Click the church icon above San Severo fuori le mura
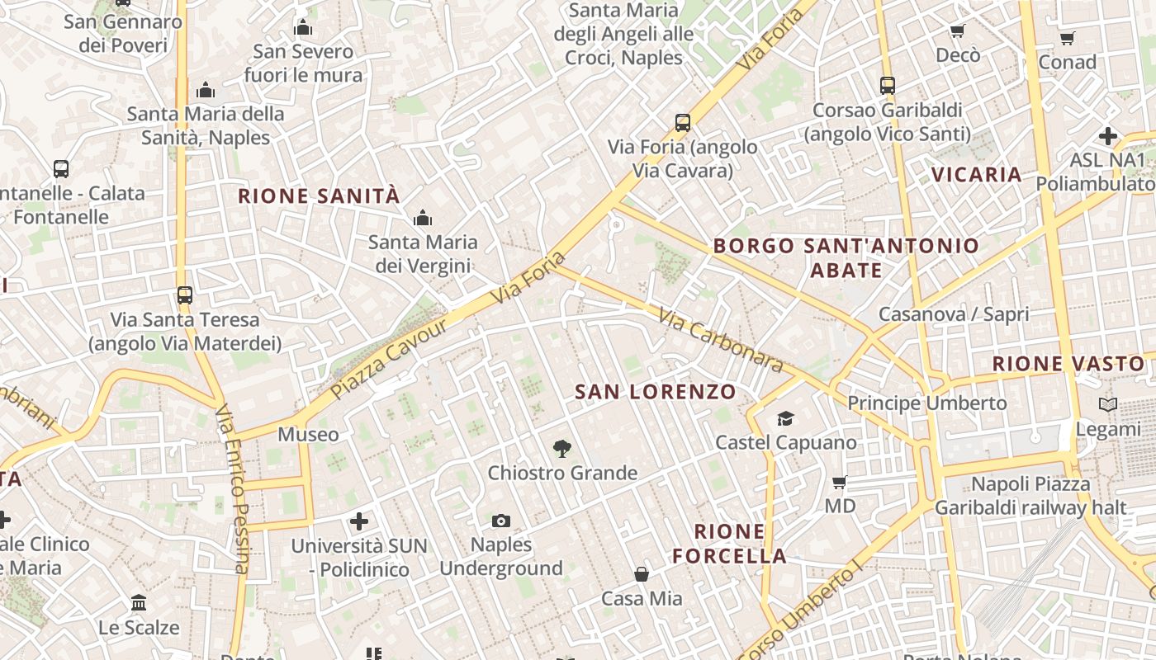coord(303,28)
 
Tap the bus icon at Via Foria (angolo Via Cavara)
coord(682,123)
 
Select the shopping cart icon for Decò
coord(957,31)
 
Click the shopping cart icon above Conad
coord(1067,38)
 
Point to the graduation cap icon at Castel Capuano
coord(785,418)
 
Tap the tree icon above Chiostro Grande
coord(561,449)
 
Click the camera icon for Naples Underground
coord(500,521)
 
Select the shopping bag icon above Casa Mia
coord(642,574)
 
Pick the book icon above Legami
coord(1107,405)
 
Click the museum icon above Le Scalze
coord(139,603)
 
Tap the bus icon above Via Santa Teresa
coord(185,295)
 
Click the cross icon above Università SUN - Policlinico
coord(359,521)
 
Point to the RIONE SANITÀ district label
coord(319,196)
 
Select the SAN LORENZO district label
coord(656,392)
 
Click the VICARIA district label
coord(977,175)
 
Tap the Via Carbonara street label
coord(720,339)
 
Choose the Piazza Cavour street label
coord(390,359)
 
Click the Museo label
coord(308,435)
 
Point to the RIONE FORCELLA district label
coord(729,544)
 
